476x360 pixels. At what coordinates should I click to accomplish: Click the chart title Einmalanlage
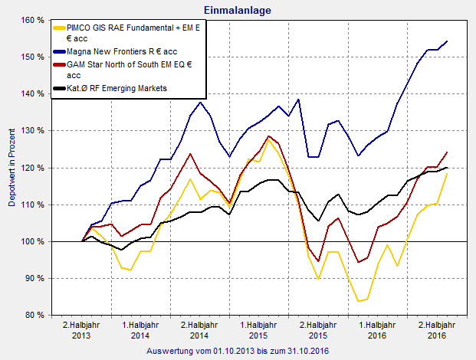(x=238, y=10)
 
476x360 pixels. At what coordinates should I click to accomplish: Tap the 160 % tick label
(x=30, y=20)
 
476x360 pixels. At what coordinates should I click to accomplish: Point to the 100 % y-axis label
(x=30, y=242)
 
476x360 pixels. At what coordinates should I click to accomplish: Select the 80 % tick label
(x=32, y=316)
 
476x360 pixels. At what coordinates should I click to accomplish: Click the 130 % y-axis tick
(x=30, y=131)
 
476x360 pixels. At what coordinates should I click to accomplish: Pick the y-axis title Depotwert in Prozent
(x=11, y=167)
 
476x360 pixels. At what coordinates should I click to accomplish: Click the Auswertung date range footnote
(x=237, y=351)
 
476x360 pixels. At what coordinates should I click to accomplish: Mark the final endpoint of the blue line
(x=447, y=41)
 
